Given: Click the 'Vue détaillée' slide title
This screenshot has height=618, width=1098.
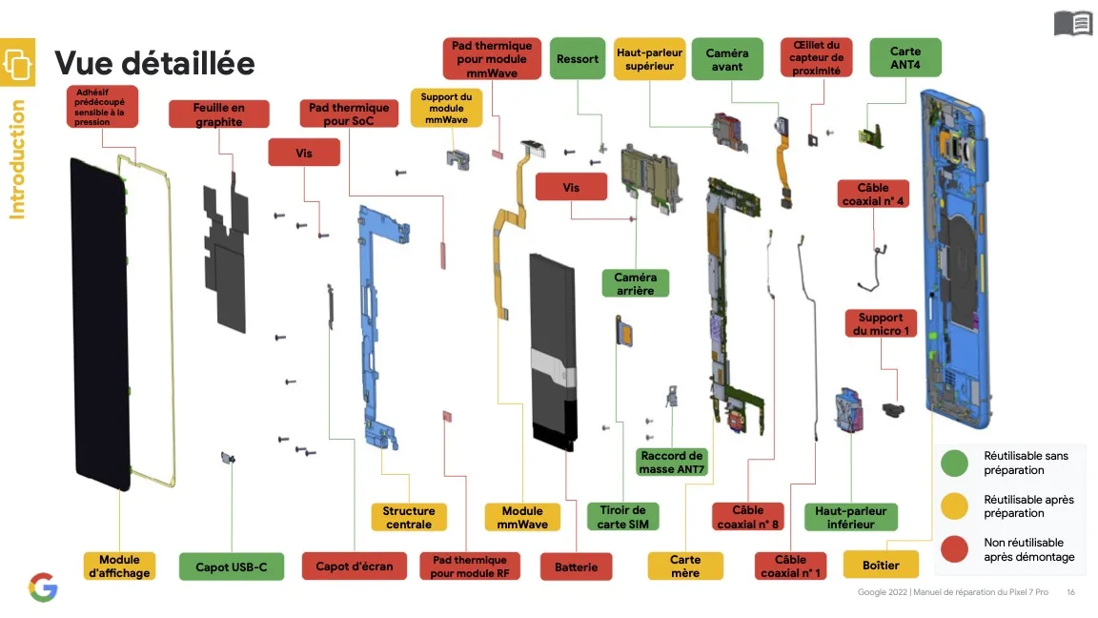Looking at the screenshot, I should tap(154, 63).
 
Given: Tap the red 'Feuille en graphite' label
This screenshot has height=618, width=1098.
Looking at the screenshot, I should tap(218, 114).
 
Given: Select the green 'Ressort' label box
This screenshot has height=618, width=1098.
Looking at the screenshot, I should tap(578, 59).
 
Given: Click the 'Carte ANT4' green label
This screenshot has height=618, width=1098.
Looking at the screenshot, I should tap(905, 58).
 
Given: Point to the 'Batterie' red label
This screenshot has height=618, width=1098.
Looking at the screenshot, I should tap(576, 566).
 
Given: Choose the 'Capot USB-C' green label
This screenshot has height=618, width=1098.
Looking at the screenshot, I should tap(225, 566).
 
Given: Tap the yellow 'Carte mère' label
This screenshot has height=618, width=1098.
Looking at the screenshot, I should tap(684, 566).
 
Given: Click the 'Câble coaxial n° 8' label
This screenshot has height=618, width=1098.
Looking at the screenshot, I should tap(748, 517).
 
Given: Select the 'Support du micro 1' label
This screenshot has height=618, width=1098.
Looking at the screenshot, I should tap(881, 323).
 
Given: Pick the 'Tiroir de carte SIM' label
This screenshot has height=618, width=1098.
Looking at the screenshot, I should tap(622, 517).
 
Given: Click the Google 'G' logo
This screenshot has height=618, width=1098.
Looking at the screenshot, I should tap(43, 587).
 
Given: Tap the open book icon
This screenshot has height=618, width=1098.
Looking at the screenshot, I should tap(1072, 23).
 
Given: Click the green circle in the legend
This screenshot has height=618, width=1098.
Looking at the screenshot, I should tap(954, 463).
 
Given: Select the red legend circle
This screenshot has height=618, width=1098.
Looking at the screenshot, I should tap(954, 549).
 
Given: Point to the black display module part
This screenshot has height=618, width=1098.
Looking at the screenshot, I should tap(99, 324).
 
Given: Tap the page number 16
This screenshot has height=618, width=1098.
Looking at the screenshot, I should tap(1071, 592).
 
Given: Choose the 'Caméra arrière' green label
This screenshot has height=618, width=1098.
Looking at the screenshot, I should tap(635, 283).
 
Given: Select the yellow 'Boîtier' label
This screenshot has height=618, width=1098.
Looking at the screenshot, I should tap(880, 565).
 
